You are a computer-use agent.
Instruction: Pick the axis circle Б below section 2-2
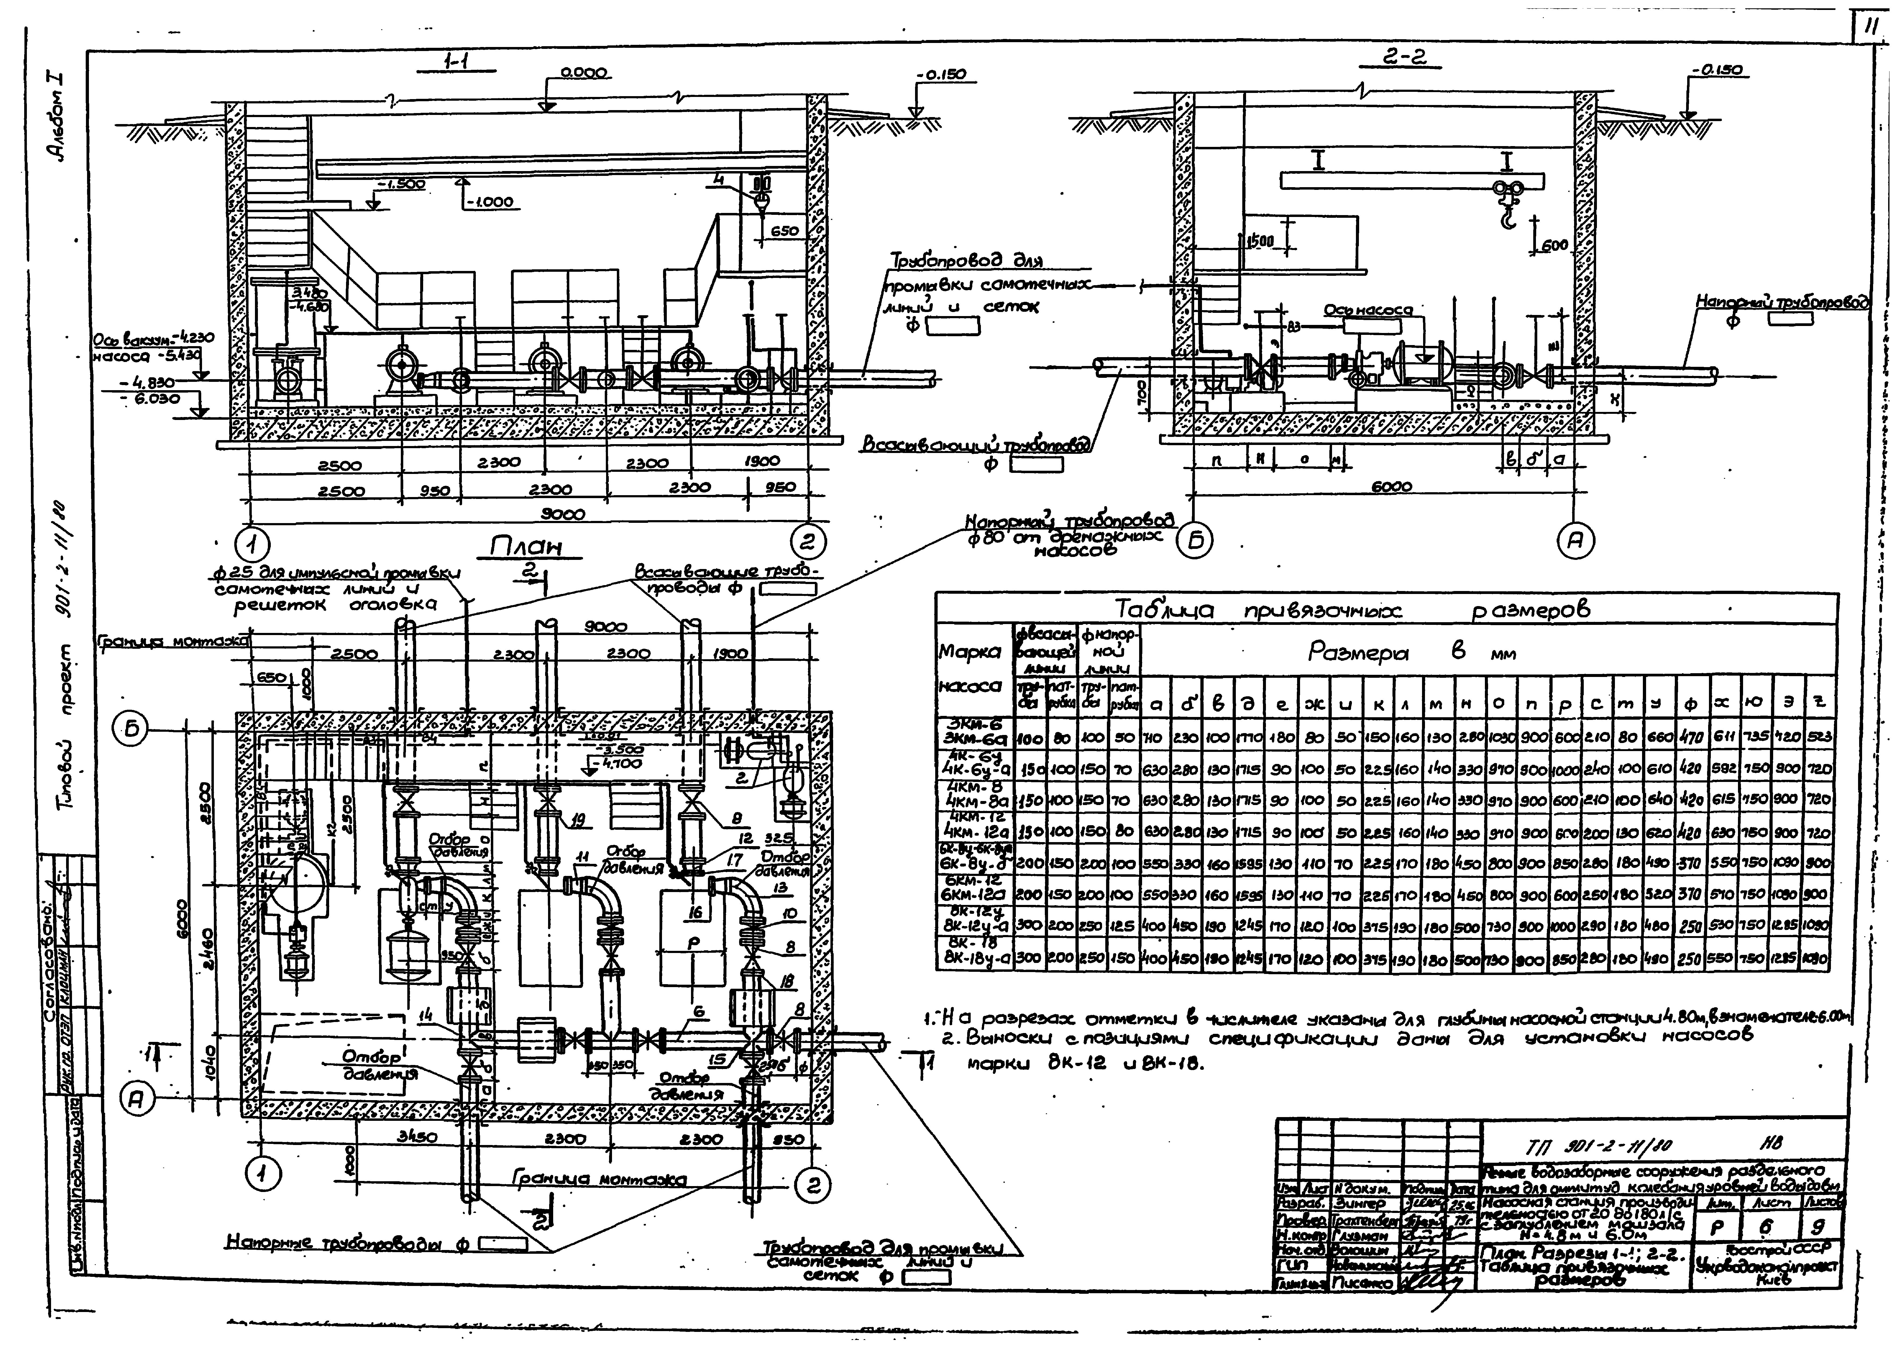1197,541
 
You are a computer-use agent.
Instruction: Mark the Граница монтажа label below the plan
599,1179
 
